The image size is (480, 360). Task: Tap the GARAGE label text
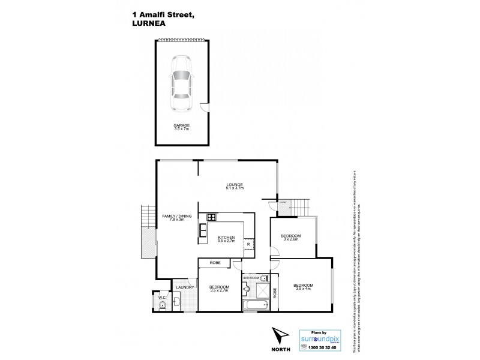tap(182, 126)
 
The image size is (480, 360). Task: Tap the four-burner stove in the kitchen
tap(211, 217)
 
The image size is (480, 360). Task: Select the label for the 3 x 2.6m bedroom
tap(290, 237)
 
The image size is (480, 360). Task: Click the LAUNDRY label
tap(184, 288)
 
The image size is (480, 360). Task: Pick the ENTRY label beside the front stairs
tap(284, 203)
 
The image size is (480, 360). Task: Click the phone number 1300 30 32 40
tap(325, 347)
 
